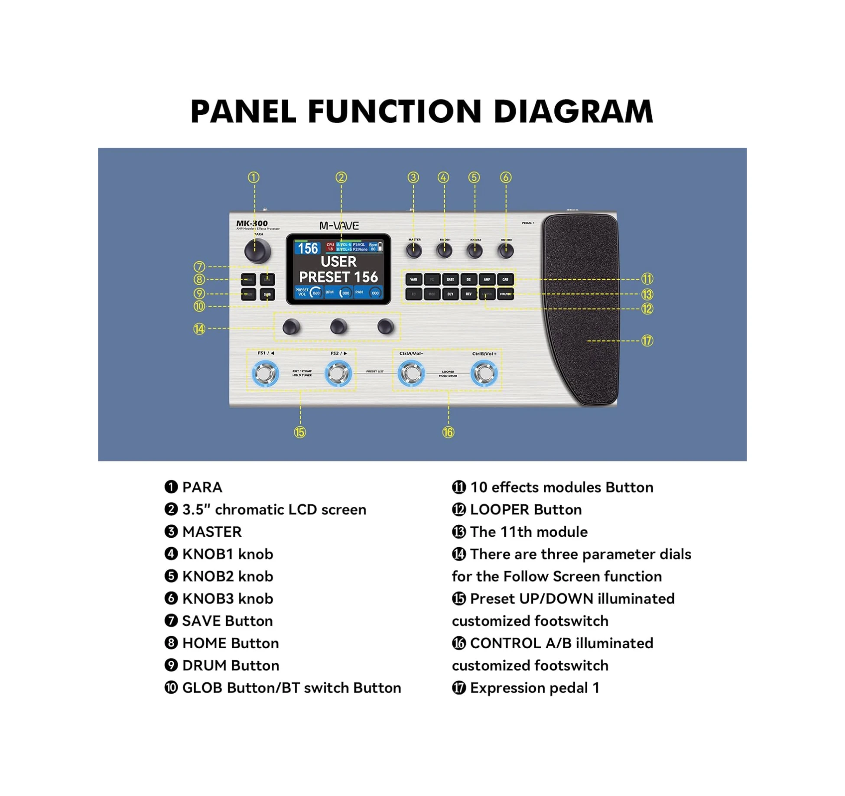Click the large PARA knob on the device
point(257,251)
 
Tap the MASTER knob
point(414,250)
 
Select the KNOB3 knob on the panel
point(505,250)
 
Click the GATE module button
point(450,279)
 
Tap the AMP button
point(487,279)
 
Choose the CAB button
point(505,279)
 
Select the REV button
point(468,294)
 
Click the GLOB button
point(267,295)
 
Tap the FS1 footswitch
point(265,373)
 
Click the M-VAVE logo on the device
point(339,226)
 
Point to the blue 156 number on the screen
point(308,248)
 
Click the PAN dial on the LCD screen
point(375,293)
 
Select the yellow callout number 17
point(647,341)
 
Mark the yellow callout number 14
point(199,329)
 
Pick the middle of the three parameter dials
point(338,327)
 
